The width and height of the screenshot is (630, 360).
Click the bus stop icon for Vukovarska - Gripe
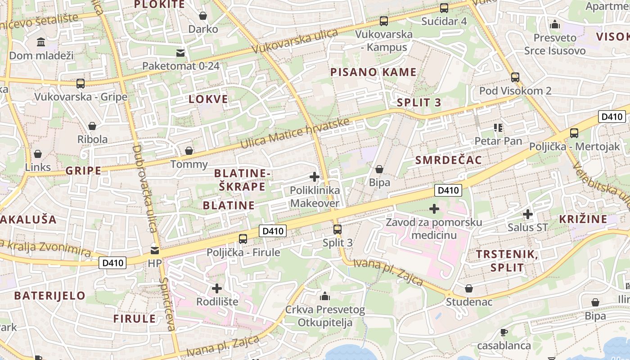[81, 83]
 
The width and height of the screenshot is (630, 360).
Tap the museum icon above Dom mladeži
[41, 42]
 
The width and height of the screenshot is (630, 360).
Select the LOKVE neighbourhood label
[208, 99]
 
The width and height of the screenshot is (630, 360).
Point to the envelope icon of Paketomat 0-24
[180, 53]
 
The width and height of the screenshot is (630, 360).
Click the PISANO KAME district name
[373, 72]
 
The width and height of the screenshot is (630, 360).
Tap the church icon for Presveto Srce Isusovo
[555, 24]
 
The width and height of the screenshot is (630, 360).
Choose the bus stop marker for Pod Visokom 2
[515, 77]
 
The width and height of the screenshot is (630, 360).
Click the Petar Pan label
[498, 141]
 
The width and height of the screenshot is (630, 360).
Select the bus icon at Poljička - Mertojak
[574, 133]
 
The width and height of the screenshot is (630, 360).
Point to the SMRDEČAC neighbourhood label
[448, 160]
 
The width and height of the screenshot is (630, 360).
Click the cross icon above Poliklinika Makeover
[315, 177]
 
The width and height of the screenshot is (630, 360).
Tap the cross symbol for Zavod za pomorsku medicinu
[434, 209]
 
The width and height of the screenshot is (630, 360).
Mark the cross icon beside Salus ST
[528, 214]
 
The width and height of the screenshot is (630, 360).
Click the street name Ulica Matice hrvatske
[295, 133]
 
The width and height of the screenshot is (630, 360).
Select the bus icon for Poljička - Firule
[243, 238]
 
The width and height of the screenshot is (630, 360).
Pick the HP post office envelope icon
[155, 250]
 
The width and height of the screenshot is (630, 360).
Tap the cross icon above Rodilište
[217, 288]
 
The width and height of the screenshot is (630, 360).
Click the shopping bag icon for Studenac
[469, 288]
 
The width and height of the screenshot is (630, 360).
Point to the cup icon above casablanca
[504, 333]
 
